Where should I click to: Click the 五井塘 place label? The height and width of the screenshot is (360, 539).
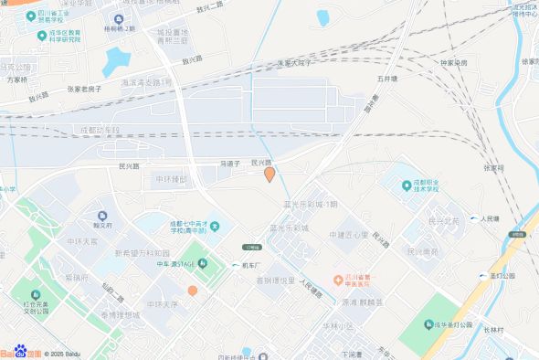[x=386, y=79]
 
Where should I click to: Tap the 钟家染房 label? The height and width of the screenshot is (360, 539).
[x=454, y=63]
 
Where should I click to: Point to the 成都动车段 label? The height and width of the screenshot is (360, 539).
[x=100, y=131]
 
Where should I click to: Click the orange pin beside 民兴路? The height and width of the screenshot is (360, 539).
[x=269, y=174]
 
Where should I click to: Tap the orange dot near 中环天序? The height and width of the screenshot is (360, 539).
[x=193, y=291]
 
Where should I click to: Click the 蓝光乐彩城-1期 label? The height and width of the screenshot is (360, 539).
[x=311, y=204]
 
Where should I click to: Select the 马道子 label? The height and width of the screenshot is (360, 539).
[x=229, y=164]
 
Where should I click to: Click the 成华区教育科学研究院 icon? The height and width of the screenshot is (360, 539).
[x=42, y=36]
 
